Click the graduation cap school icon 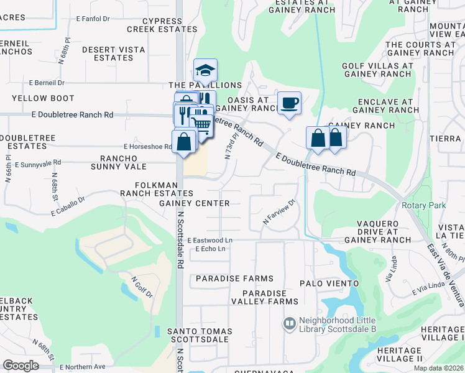[205, 70]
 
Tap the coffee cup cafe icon [288, 103]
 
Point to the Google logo [21, 366]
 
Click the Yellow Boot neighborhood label [43, 98]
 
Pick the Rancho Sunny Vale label [119, 162]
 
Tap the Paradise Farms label [234, 279]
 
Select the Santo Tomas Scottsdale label [200, 336]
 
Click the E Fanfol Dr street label [93, 19]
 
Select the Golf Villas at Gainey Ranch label [377, 70]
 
